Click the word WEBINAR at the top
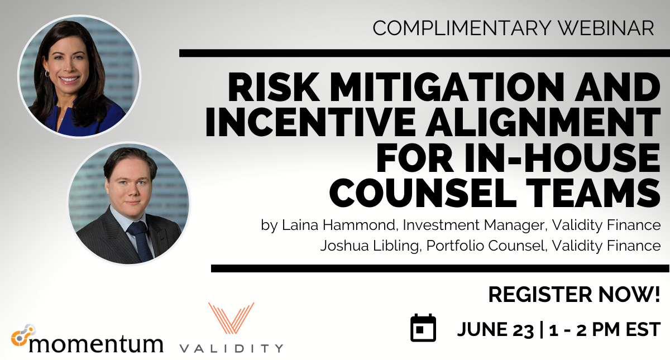[x=606, y=28]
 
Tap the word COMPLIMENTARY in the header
[x=462, y=28]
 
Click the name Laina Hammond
[x=338, y=225]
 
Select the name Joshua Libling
[x=370, y=246]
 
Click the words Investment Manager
[x=473, y=225]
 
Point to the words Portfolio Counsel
[x=485, y=246]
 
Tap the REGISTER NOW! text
[x=574, y=295]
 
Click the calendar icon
[x=423, y=328]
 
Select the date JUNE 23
[x=495, y=329]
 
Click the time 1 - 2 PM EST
[x=605, y=329]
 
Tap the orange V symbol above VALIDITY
[x=231, y=318]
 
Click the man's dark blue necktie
[x=140, y=241]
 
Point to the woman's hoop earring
[x=47, y=74]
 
